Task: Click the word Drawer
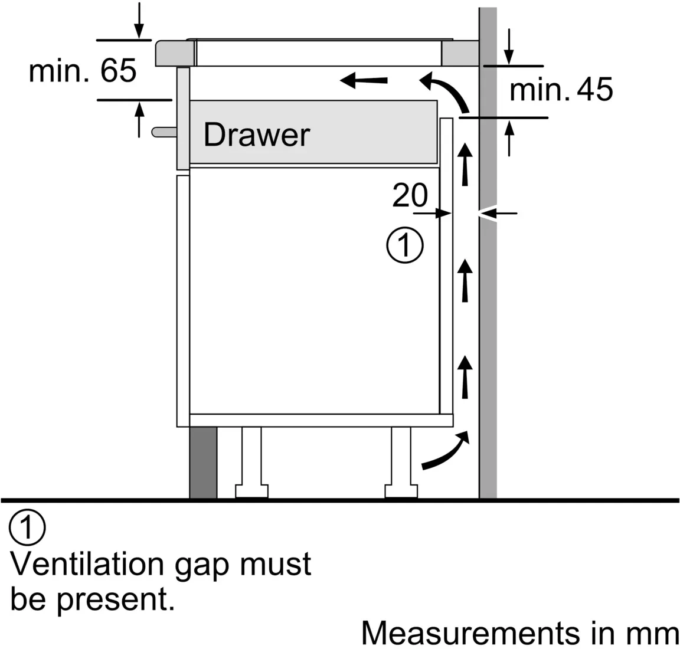pos(257,135)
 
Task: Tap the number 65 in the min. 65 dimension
pos(119,70)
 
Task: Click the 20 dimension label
pos(410,195)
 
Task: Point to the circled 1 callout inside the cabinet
pos(404,244)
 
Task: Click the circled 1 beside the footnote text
pos(27,527)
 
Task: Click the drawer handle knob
pos(164,132)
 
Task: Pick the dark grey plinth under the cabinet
pos(203,463)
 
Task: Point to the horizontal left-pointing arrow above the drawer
pos(364,80)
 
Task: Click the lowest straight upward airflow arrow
pos(465,377)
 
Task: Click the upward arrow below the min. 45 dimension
pos(509,138)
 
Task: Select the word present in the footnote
pos(116,601)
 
